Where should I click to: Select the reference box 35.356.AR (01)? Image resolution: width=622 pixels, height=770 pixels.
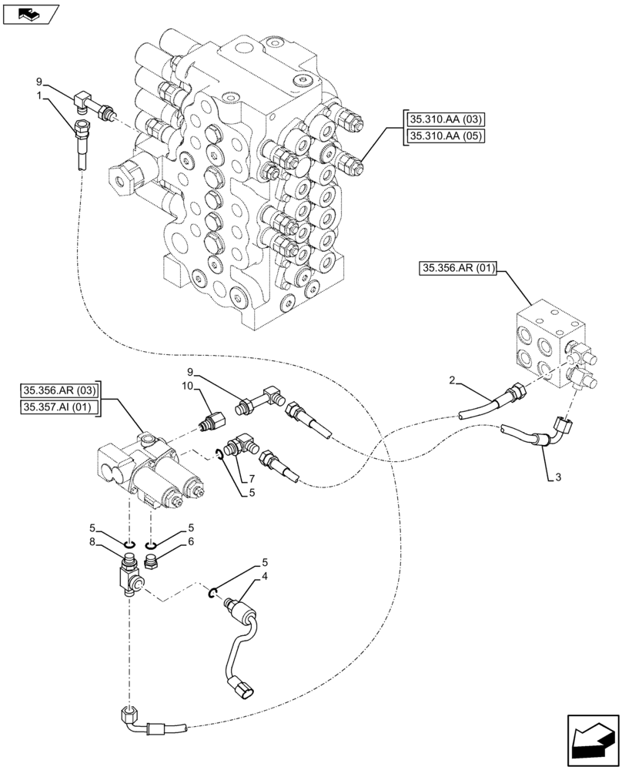coord(460,269)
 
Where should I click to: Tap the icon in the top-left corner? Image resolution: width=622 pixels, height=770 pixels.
coord(30,13)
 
